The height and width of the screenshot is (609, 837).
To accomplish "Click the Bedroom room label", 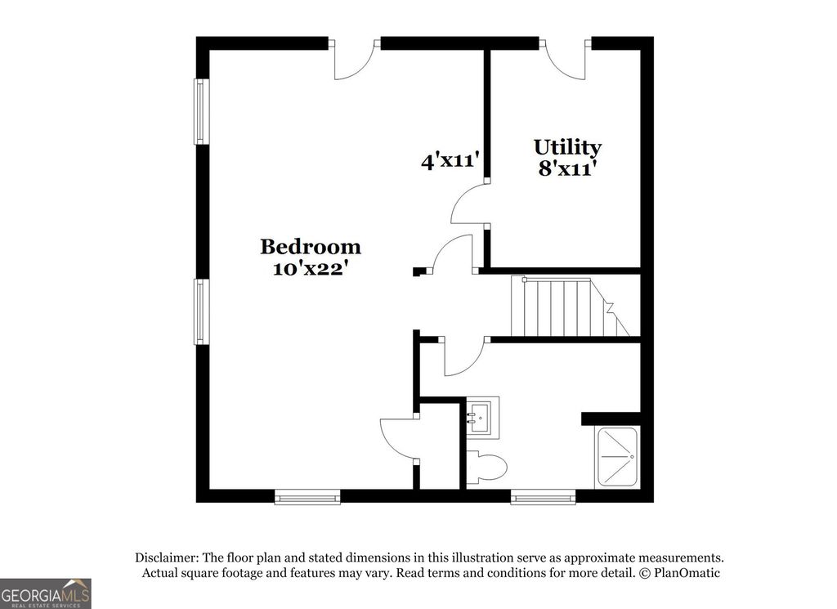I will coord(310,246).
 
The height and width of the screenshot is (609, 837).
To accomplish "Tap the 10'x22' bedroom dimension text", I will coord(310,267).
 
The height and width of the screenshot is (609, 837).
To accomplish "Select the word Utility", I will coord(567,147).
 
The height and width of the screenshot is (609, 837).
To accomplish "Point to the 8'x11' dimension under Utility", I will coord(567,168).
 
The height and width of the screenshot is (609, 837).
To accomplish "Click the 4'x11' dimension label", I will coord(450,161).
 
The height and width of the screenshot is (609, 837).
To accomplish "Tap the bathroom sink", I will coord(481,417).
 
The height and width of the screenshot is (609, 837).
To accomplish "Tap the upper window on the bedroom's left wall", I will coord(199,111).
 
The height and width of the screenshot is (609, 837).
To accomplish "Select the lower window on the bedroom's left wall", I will coord(199,312).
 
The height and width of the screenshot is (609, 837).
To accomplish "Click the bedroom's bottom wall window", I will coord(307,496).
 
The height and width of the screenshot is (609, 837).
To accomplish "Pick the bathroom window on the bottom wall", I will coord(544,496).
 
